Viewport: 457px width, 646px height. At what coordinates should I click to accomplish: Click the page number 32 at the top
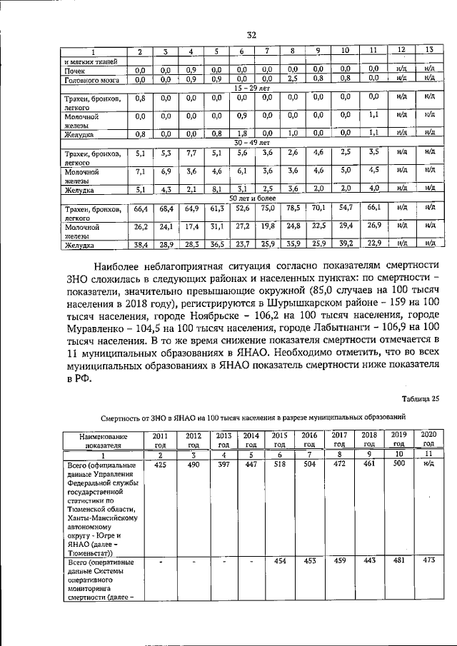tap(251, 35)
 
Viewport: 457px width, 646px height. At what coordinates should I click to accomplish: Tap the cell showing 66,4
tap(140, 208)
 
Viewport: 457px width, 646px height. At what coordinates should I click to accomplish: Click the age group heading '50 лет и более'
tap(252, 198)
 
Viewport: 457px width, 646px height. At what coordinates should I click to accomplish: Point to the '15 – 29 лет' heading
tap(252, 86)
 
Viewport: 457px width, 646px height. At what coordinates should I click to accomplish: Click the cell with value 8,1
tap(215, 189)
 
